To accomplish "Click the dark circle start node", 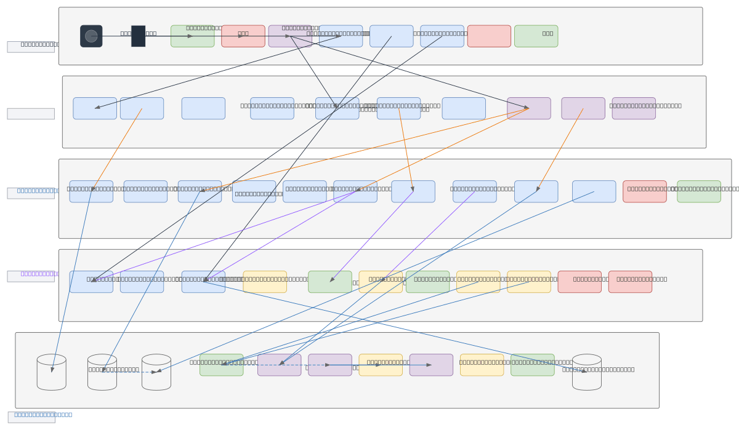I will point(91,36).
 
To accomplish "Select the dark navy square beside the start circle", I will point(138,36).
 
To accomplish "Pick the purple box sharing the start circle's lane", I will point(290,36).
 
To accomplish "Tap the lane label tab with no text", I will point(31,114).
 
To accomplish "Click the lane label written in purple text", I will point(31,276).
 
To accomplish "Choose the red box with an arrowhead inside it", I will point(243,36).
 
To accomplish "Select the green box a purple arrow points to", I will point(330,282).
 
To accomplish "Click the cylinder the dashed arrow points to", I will point(156,372).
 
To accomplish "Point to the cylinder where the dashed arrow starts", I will point(102,372).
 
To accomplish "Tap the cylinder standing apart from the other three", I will point(587,372).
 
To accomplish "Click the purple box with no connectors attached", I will point(634,108).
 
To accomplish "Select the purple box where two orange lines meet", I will point(529,108).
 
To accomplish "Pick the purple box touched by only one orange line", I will point(583,108).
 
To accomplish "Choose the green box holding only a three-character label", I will point(536,36).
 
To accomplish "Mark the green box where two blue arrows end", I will point(222,365).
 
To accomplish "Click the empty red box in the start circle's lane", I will point(489,36).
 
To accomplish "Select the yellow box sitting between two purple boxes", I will point(381,365).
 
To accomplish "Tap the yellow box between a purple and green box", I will point(482,365).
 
